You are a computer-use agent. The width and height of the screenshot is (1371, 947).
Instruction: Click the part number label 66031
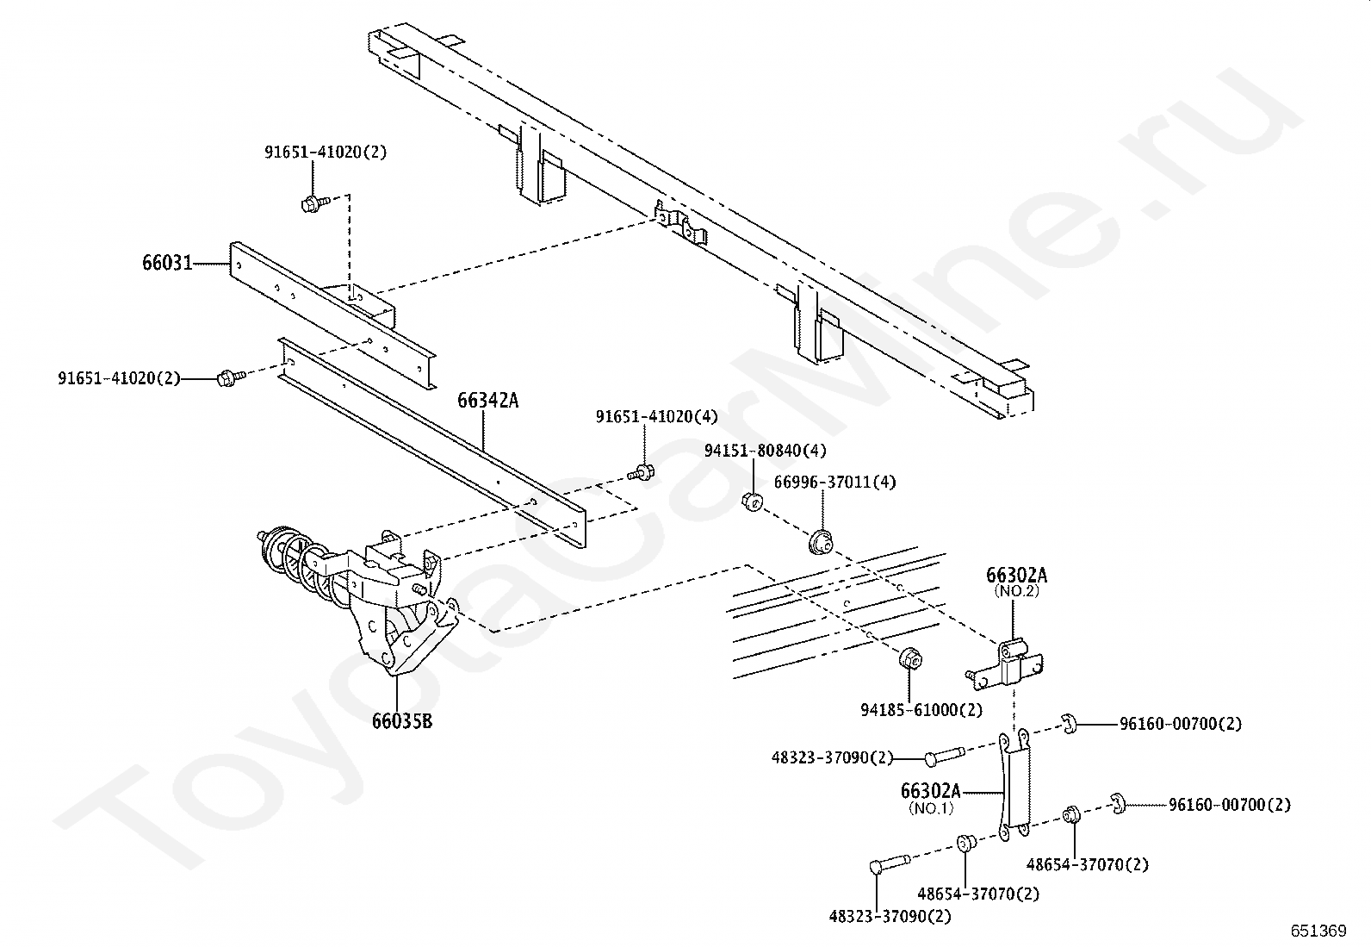click(167, 263)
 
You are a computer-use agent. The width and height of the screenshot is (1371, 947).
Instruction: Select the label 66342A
click(487, 401)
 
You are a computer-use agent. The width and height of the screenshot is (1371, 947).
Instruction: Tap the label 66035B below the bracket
click(402, 721)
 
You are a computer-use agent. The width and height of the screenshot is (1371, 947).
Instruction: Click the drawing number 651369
click(1318, 931)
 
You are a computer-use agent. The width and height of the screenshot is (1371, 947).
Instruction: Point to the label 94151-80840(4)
click(765, 451)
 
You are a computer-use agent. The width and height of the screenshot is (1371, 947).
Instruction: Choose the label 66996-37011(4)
click(834, 482)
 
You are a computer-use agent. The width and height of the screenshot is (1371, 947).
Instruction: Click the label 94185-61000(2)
click(921, 710)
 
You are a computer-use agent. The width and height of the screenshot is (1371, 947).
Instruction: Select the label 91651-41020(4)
click(657, 416)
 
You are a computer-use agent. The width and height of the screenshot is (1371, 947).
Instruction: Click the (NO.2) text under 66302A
click(1016, 591)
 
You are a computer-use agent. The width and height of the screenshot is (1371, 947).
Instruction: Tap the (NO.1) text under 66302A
click(931, 808)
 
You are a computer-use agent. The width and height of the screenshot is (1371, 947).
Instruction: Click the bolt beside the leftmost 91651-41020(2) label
click(232, 377)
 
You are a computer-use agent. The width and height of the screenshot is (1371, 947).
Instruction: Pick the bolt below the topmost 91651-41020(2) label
click(315, 202)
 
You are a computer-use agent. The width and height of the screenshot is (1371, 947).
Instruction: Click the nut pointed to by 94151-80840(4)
click(752, 502)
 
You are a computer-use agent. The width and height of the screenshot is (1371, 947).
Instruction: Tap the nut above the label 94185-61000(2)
click(911, 658)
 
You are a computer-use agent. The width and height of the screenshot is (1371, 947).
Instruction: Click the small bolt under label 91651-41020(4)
click(641, 472)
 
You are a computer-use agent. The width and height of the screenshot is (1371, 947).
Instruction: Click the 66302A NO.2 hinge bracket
click(1004, 664)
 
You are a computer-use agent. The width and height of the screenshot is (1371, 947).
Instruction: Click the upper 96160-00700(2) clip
click(1070, 724)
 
